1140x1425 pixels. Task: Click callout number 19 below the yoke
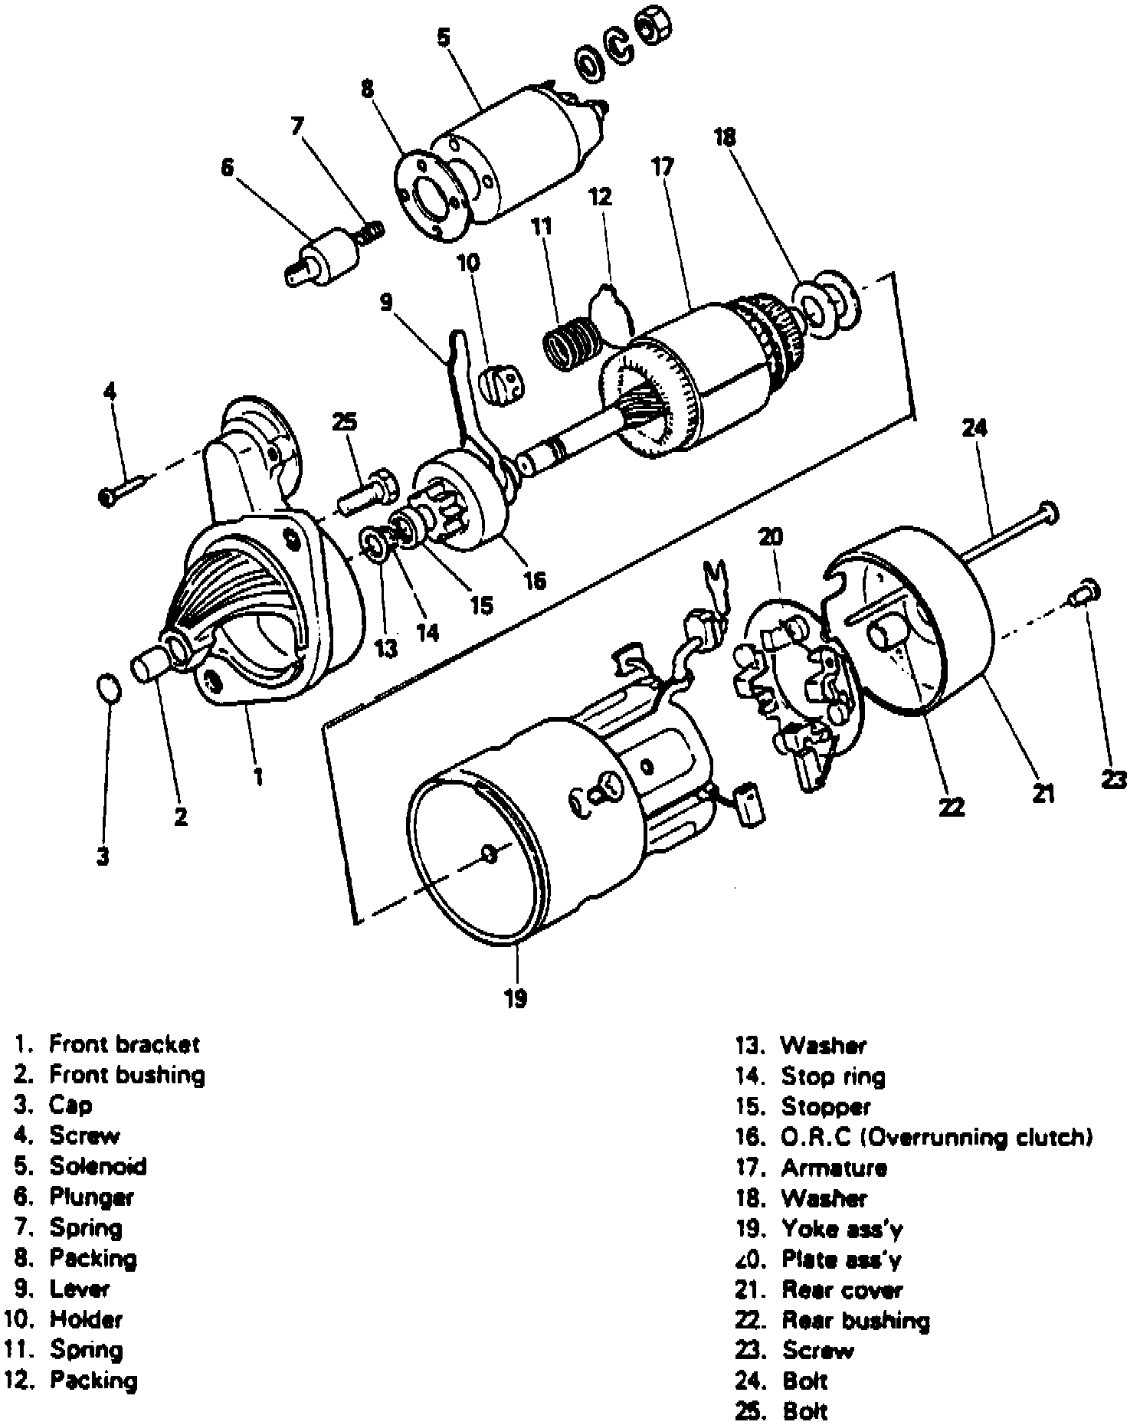[x=516, y=998]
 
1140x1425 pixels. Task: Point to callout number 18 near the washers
[x=724, y=138]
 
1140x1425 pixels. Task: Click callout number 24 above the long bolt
[x=975, y=428]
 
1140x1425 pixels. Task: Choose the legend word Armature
[x=834, y=1168]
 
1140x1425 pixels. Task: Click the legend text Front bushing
[x=127, y=1075]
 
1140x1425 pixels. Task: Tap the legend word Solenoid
[x=98, y=1166]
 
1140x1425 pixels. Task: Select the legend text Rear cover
[x=842, y=1290]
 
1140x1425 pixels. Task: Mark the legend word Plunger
[x=91, y=1197]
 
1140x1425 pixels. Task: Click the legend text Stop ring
[x=833, y=1076]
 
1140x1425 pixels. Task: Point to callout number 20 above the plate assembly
[x=771, y=537]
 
